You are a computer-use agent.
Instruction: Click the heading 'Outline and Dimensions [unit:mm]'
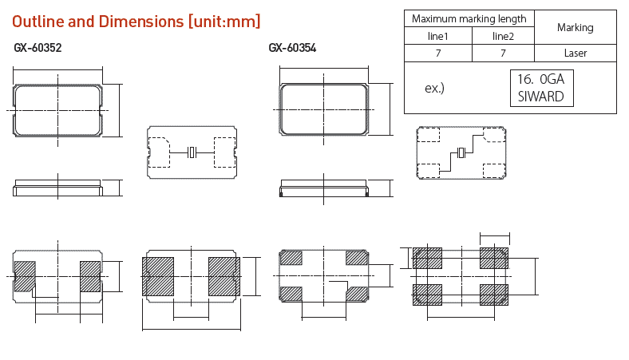[x=136, y=22]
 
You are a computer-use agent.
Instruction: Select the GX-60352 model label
[x=38, y=48]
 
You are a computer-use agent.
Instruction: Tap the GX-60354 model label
[x=293, y=48]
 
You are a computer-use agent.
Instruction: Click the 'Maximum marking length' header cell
[x=469, y=18]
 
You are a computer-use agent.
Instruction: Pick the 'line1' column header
[x=437, y=37]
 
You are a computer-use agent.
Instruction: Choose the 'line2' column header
[x=503, y=37]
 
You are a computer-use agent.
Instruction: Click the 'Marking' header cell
[x=575, y=27]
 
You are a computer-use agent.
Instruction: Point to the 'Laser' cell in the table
[x=575, y=53]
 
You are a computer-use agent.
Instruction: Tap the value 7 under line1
[x=437, y=53]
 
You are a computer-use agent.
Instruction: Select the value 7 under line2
[x=503, y=53]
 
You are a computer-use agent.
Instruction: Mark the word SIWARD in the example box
[x=540, y=97]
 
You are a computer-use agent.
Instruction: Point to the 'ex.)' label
[x=434, y=88]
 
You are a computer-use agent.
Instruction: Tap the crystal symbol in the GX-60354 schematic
[x=461, y=153]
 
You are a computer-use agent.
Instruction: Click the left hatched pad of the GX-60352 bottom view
[x=26, y=275]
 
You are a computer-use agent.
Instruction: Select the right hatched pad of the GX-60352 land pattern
[x=224, y=276]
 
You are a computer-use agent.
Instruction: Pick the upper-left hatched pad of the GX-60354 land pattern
[x=428, y=259]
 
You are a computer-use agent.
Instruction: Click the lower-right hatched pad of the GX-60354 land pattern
[x=493, y=294]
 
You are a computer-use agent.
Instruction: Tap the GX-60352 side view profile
[x=57, y=188]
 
